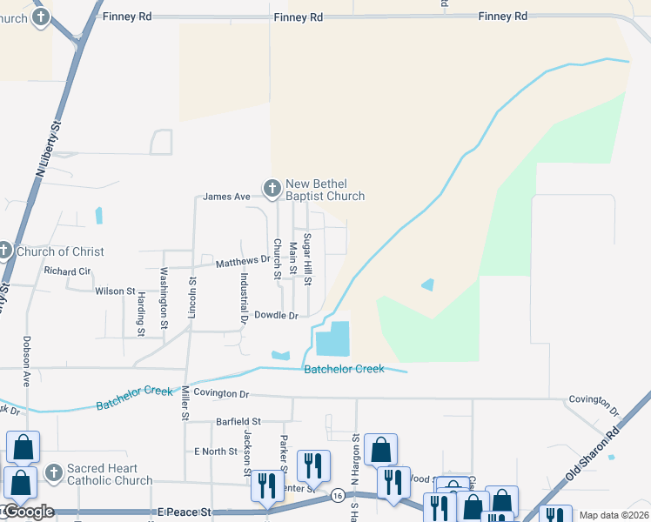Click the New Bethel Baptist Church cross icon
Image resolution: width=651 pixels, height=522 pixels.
coord(272,188)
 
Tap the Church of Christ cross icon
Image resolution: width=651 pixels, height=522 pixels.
coord(3,251)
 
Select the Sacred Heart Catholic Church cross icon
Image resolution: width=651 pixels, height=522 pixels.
coord(54,472)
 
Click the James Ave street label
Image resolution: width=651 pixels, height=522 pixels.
coord(226,197)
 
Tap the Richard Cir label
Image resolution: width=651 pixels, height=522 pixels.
coord(67,271)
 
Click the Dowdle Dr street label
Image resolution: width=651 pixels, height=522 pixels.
coord(276,315)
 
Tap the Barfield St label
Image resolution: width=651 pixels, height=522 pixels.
coord(238,421)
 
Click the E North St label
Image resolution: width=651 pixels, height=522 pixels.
coord(215,452)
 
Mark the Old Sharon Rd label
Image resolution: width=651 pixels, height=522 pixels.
coord(594,451)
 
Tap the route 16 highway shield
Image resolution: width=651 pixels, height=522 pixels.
coord(337,495)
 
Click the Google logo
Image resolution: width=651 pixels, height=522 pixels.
coord(28,512)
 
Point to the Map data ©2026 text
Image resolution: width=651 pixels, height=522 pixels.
coord(614,515)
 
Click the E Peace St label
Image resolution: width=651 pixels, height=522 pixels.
coord(185,513)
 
